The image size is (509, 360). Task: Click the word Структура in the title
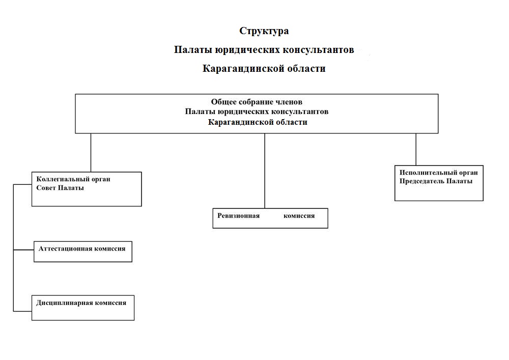[x=264, y=31]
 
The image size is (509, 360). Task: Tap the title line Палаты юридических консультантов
[x=264, y=50]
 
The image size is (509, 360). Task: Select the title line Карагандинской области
[x=264, y=69]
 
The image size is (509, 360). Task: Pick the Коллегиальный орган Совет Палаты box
[x=87, y=189]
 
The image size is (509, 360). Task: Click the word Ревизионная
[x=239, y=216]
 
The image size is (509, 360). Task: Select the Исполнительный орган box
[x=439, y=183]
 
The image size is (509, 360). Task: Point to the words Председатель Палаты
[x=436, y=181]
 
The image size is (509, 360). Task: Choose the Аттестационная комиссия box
[x=83, y=252]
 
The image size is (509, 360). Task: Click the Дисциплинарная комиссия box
[x=83, y=308]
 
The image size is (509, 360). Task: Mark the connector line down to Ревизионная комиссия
[x=265, y=171]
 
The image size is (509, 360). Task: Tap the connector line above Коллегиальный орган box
[x=91, y=152]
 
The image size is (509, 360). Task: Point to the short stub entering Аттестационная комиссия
[x=23, y=250]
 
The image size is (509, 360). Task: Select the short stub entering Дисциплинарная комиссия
[x=22, y=310]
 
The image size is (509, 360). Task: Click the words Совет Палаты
[x=60, y=188]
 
